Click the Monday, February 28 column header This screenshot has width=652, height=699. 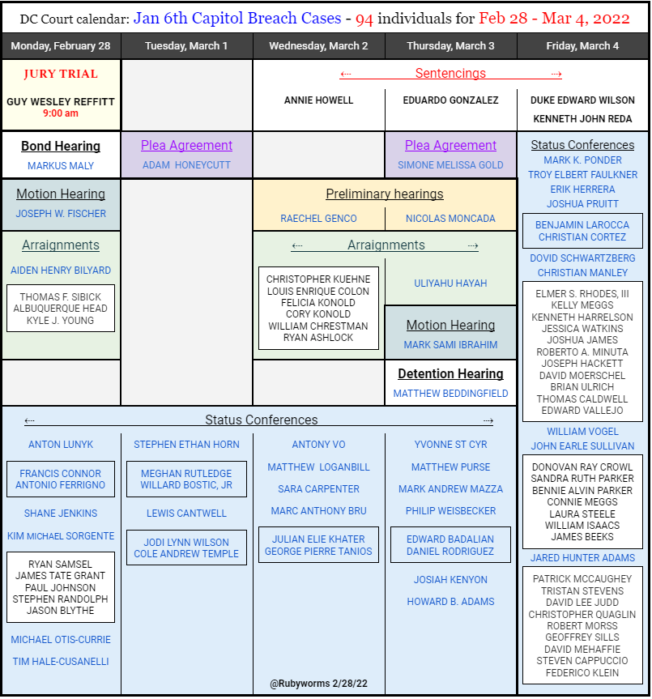coord(61,46)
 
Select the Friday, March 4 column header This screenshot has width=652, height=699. coord(582,46)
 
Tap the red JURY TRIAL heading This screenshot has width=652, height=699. coord(61,74)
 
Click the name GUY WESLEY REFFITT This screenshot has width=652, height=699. coord(61,101)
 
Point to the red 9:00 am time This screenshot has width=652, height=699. coord(61,113)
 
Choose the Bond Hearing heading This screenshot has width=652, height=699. coord(61,147)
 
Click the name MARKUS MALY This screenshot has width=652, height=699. coord(61,166)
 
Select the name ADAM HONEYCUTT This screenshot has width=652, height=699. coord(186,165)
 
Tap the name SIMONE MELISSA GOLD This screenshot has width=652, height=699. coord(450,165)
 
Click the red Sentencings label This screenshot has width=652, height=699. coord(450,74)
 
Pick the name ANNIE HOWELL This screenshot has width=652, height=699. coord(318,100)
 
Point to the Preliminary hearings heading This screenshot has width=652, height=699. coord(385,194)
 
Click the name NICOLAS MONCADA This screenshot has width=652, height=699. coord(450,219)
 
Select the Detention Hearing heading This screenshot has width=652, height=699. coord(450,374)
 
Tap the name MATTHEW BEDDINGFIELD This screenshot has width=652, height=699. coord(450,394)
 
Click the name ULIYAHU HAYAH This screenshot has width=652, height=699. coord(450,283)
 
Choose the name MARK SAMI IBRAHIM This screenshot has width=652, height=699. coord(450,345)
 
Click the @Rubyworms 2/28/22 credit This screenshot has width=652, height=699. coord(318,684)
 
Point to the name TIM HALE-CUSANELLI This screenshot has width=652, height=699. coord(61,662)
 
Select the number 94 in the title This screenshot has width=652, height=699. coord(364,18)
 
